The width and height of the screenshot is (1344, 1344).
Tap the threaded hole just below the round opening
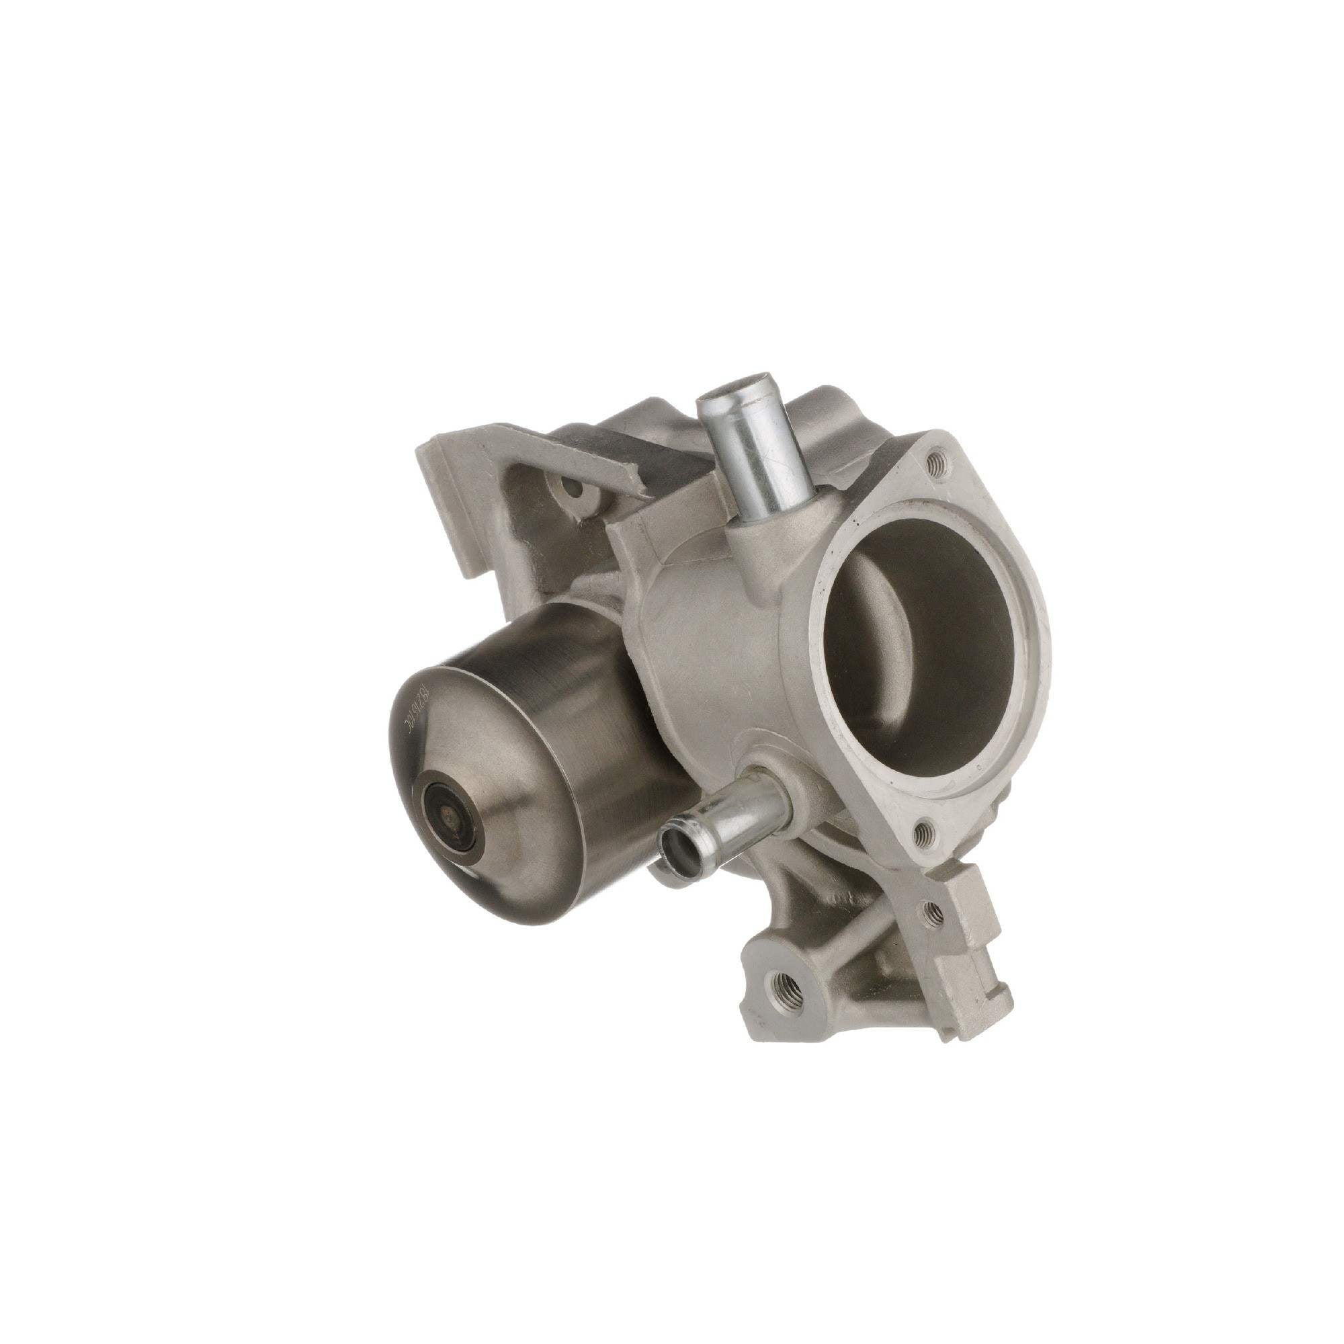pyautogui.click(x=923, y=832)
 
